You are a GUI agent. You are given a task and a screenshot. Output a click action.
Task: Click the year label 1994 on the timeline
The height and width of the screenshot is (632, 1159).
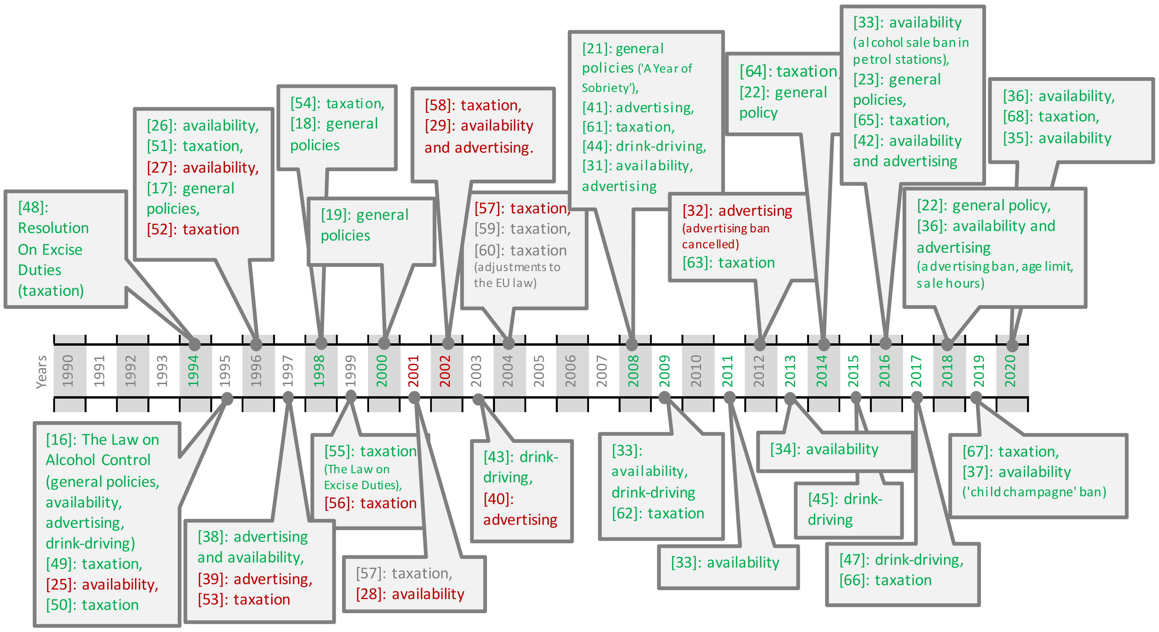[194, 371]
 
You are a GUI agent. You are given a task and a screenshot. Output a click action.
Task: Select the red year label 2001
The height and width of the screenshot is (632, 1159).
[413, 371]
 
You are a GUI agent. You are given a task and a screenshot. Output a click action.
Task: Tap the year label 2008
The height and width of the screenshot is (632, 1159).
[633, 371]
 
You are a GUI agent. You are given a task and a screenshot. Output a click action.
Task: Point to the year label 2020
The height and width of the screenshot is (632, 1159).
[1011, 371]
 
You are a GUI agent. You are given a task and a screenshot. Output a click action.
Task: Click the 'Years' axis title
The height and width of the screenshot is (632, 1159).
[41, 372]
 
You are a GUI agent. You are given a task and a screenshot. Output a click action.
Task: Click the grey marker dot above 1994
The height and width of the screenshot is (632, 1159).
[195, 344]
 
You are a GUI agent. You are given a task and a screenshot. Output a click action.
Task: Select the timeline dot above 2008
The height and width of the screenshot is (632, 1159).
[632, 344]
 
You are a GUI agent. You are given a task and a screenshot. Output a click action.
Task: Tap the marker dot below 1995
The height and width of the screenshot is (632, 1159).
[227, 398]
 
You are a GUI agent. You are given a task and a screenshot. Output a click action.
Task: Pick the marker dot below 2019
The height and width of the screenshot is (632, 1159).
[976, 397]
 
